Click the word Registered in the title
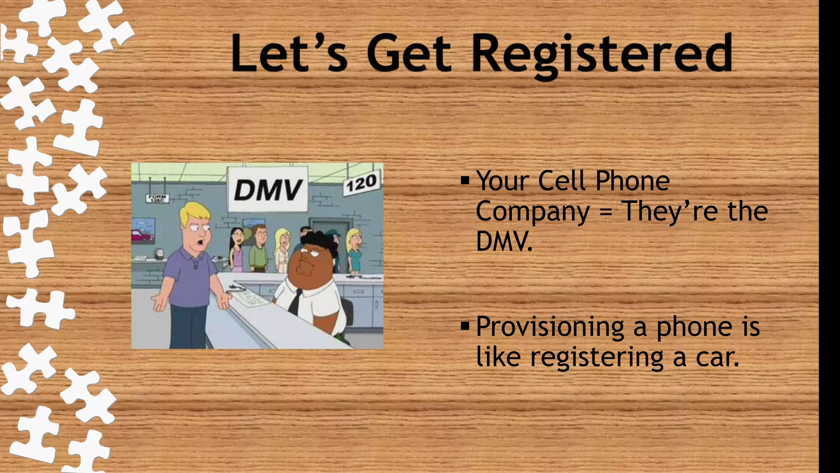coord(602,55)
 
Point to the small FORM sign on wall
coord(157,199)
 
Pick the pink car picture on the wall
coord(142,235)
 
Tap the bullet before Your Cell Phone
coord(465,180)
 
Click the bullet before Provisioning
coord(465,326)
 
